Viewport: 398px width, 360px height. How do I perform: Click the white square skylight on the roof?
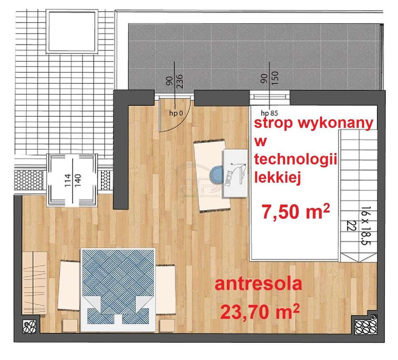tap(73, 32)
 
